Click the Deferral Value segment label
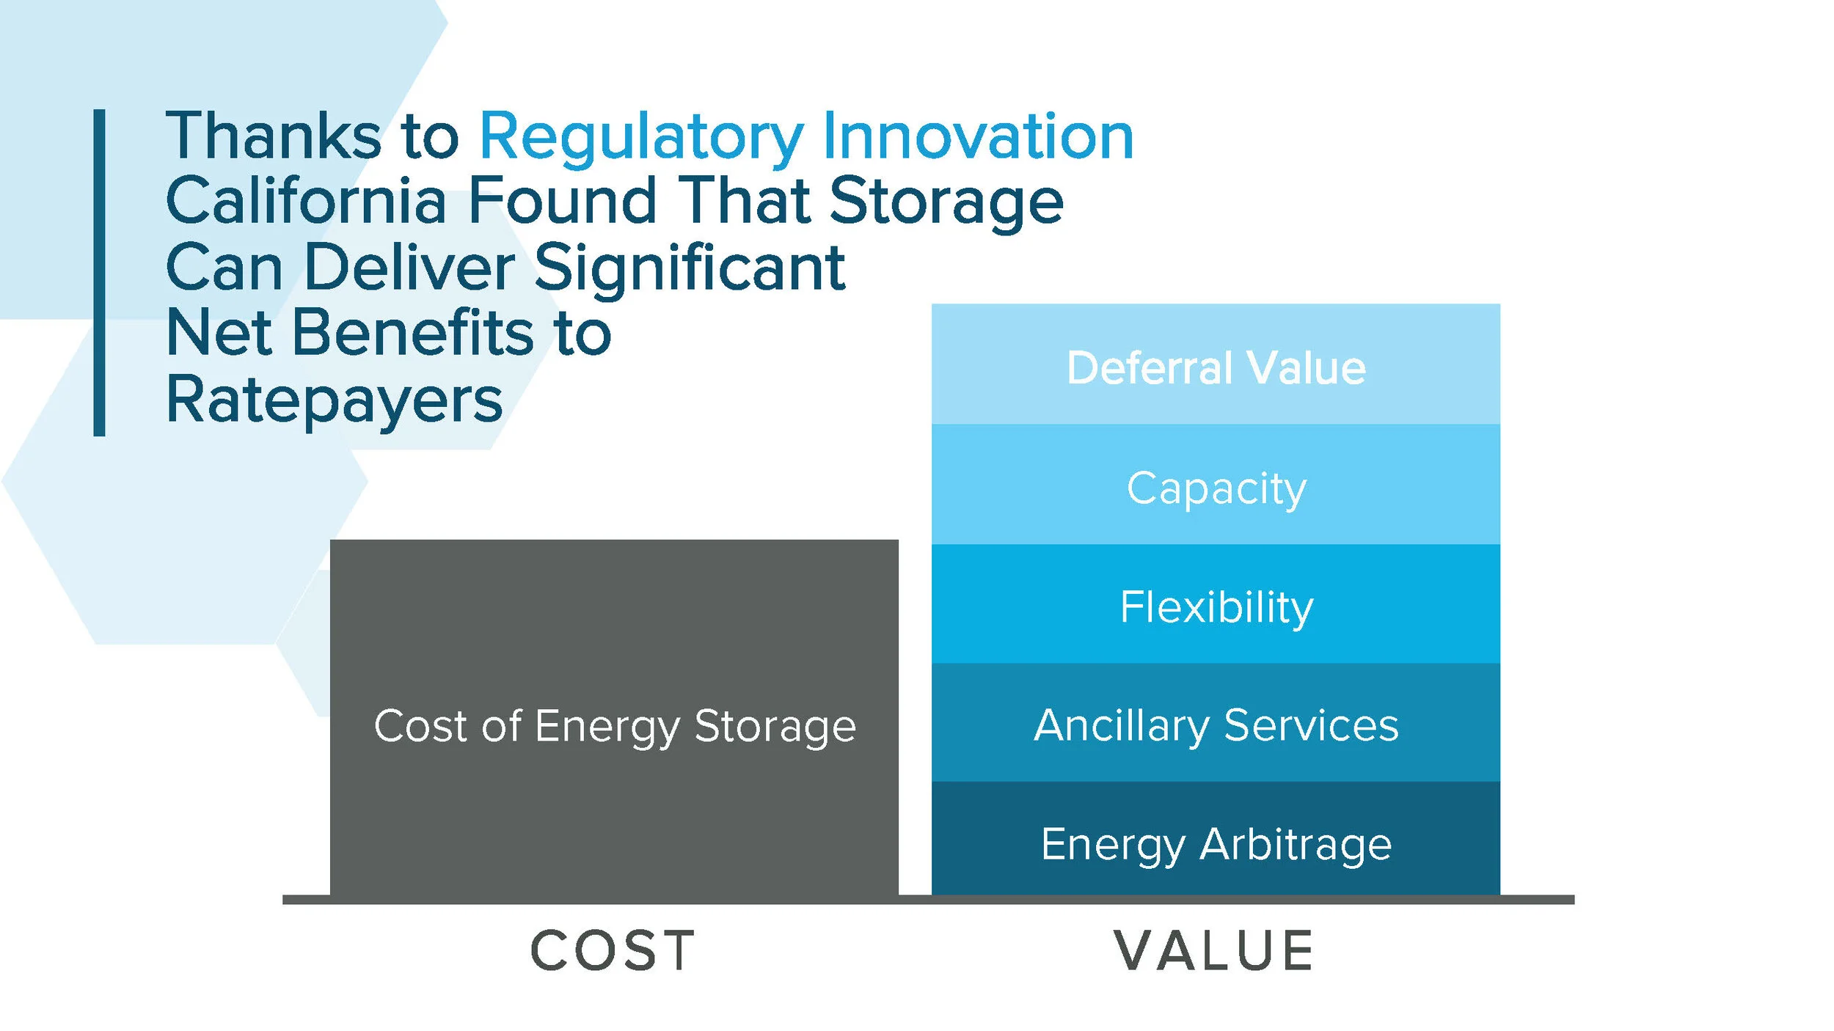pos(1216,367)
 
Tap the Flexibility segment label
pos(1216,607)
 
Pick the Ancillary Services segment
pos(1216,724)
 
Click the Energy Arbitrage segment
pos(1216,843)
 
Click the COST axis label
pos(613,951)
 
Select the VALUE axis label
pos(1214,951)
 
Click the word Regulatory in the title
pos(642,137)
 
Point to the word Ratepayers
pos(335,400)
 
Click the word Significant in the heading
pos(690,267)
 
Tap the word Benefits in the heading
pos(413,333)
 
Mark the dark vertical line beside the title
pos(99,273)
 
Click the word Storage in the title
pos(946,202)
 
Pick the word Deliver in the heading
pos(409,267)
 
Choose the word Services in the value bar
pos(1311,724)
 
